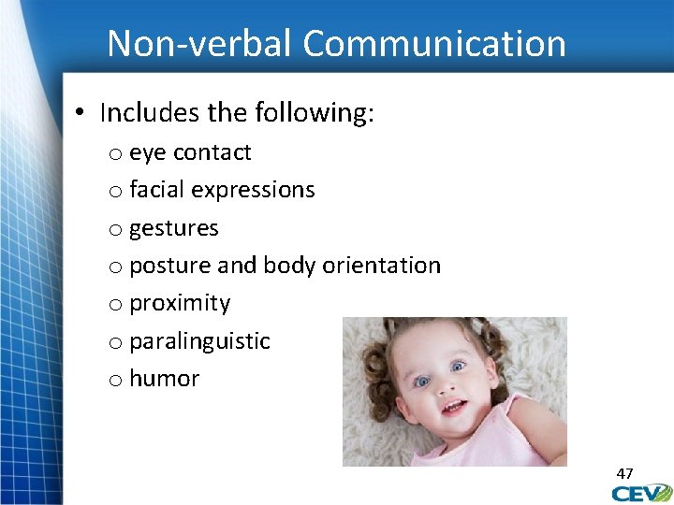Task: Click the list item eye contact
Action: coord(190,152)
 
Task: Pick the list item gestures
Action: coord(173,228)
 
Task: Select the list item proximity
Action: coord(179,303)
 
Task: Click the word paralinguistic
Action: coord(199,341)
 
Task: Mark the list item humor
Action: coord(164,379)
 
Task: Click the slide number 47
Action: coord(624,473)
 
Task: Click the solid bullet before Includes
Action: coord(81,114)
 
